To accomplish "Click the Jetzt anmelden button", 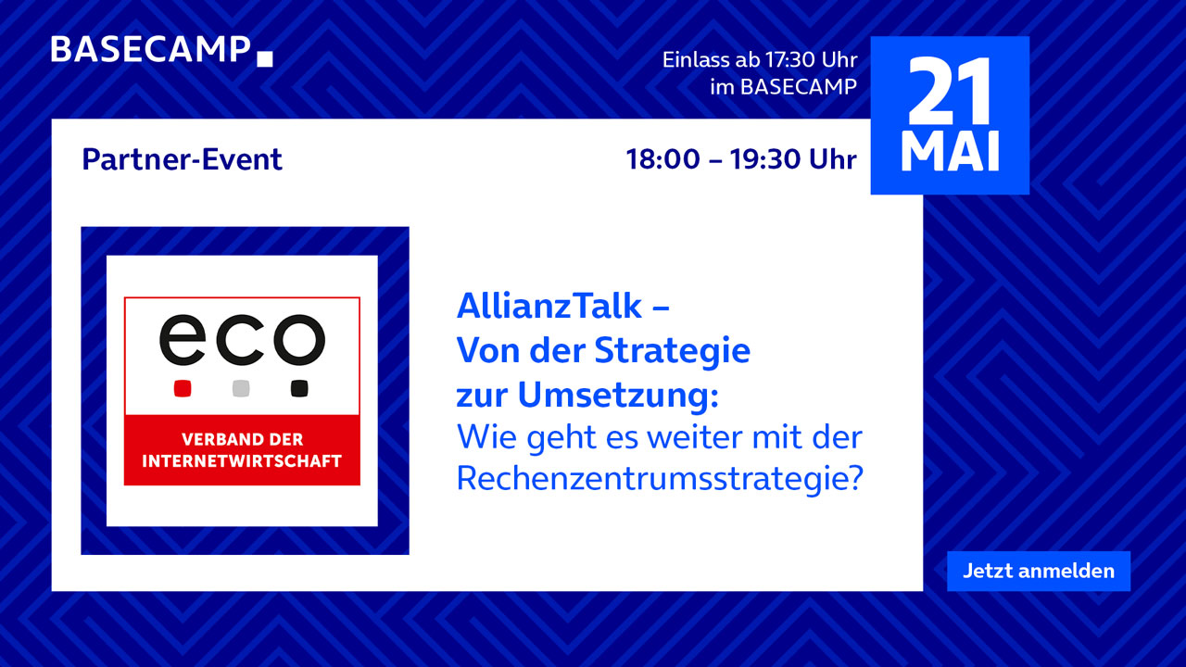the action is [1039, 572].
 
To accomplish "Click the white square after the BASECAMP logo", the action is [265, 58].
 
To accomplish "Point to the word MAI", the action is [950, 151].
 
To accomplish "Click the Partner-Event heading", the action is [183, 159].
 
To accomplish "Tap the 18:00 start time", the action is [662, 159].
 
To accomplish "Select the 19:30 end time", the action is [766, 159].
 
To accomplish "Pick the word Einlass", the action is [696, 60].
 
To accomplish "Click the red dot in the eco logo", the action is [183, 388].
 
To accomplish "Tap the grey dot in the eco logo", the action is [241, 388].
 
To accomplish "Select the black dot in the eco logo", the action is [299, 388].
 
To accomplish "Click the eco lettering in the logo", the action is [242, 340].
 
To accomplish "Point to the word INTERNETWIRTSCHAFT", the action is [242, 461].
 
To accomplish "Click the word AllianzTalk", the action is [549, 306].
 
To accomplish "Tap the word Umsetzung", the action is [618, 396].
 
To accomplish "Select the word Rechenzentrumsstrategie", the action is [660, 480].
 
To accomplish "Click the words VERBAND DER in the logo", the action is [242, 439].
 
